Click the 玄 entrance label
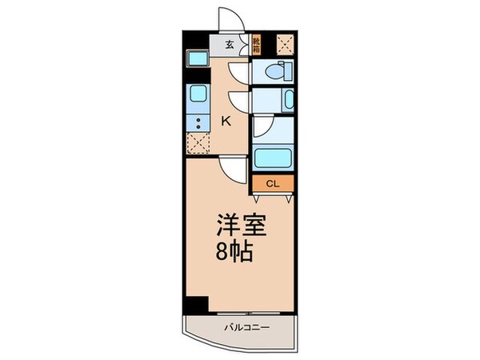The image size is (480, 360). (229, 45)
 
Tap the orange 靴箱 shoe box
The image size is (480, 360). (257, 45)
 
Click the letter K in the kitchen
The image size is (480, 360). (226, 122)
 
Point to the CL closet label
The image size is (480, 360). (273, 184)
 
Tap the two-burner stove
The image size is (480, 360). (197, 122)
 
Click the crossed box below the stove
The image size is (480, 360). (197, 143)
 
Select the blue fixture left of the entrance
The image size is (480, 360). (197, 58)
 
